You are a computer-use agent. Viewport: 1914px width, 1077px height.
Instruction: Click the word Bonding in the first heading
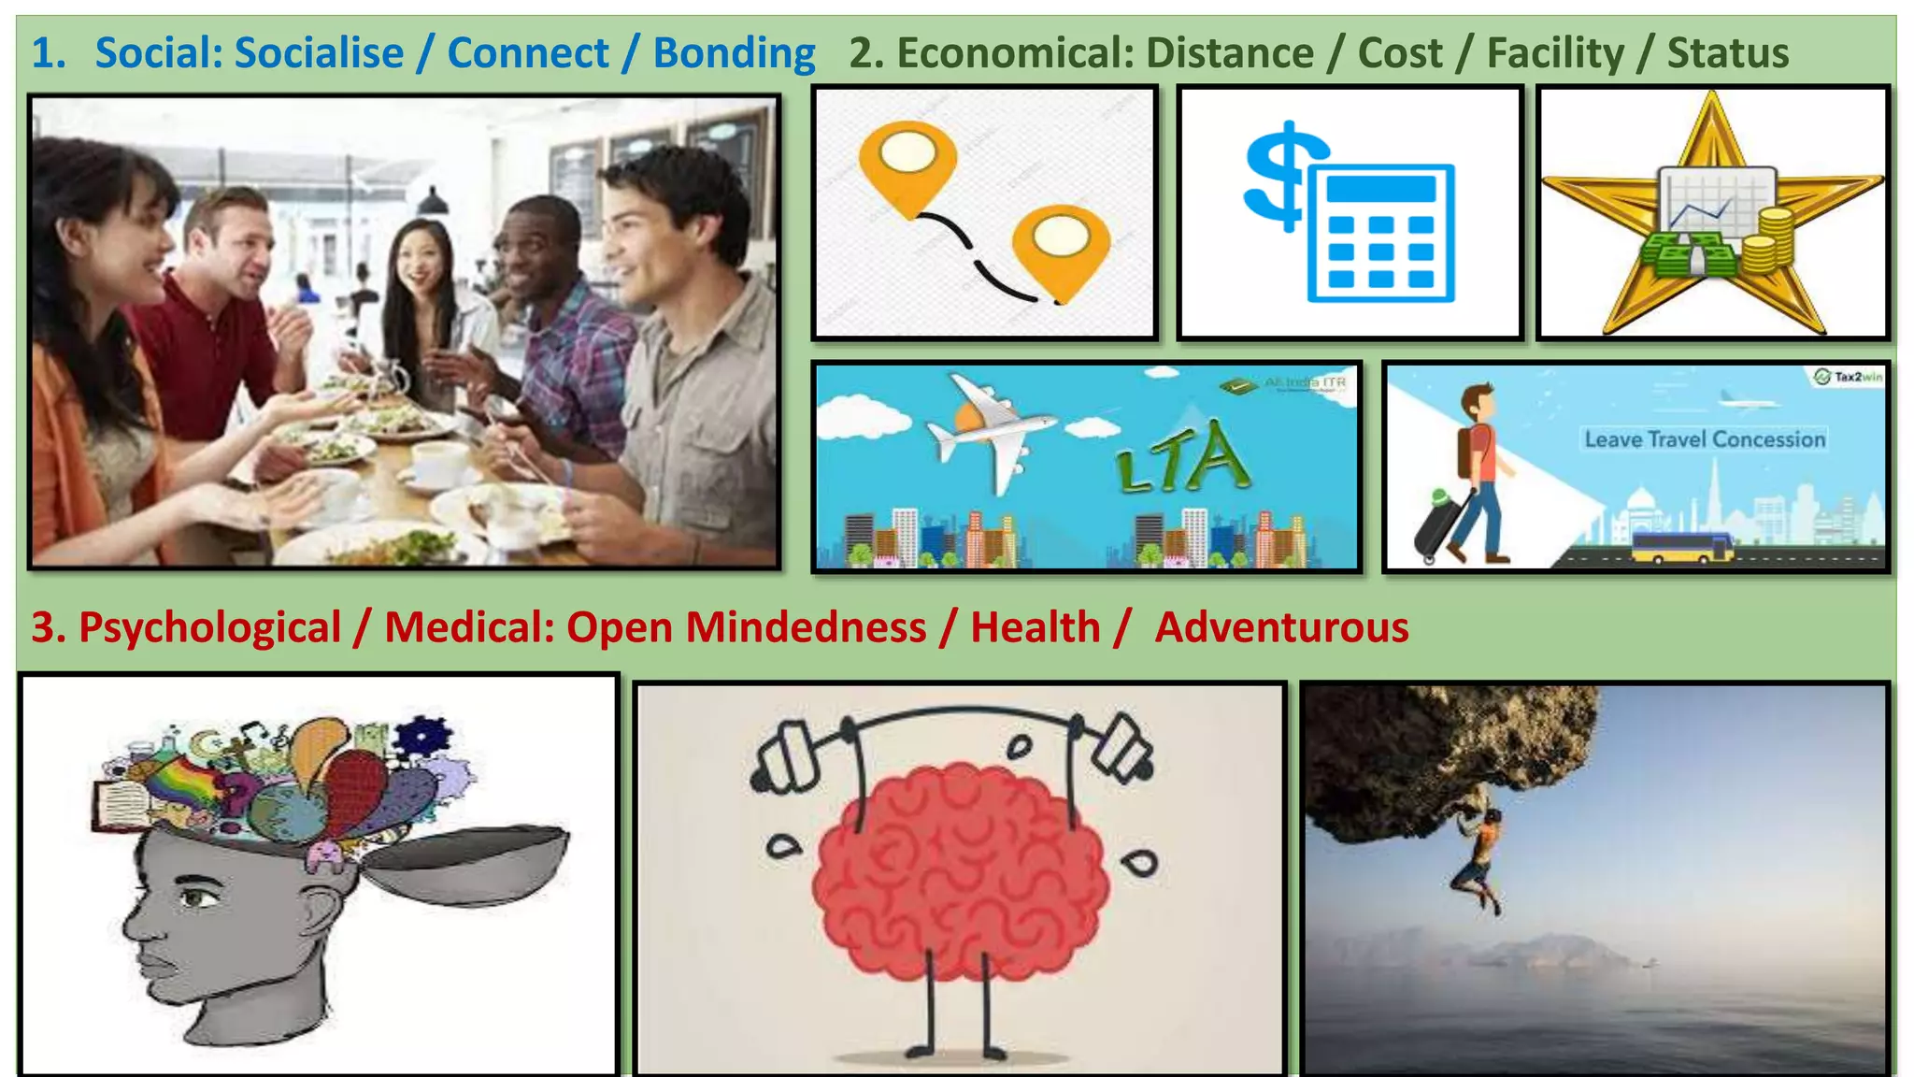click(x=734, y=53)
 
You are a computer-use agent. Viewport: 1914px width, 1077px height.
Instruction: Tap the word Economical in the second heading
click(x=1012, y=53)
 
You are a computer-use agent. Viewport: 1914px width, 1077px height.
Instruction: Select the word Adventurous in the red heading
click(x=1281, y=627)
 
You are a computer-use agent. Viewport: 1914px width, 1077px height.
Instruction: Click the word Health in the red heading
click(x=1035, y=627)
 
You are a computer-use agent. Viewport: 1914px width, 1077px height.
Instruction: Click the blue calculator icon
click(x=1381, y=233)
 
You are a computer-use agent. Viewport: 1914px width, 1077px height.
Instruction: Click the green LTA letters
click(x=1184, y=459)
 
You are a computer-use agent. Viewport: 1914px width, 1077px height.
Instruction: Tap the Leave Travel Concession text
click(x=1705, y=438)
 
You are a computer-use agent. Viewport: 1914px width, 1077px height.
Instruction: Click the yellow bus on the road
click(x=1681, y=547)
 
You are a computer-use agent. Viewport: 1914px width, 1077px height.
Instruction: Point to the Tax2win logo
click(x=1849, y=377)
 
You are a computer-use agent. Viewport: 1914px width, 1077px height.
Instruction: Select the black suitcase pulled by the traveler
click(x=1439, y=528)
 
